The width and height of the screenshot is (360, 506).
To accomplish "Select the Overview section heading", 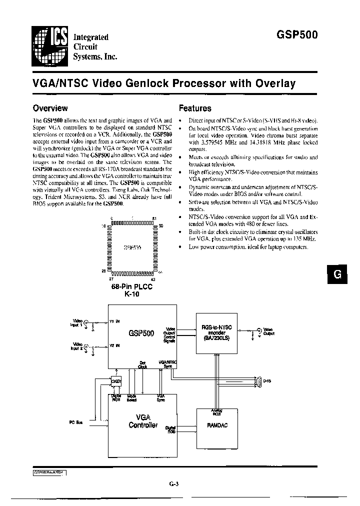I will pyautogui.click(x=50, y=108).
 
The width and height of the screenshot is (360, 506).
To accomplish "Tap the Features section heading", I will pyautogui.click(x=195, y=108).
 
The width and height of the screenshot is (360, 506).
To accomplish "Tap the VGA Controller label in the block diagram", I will pyautogui.click(x=143, y=421).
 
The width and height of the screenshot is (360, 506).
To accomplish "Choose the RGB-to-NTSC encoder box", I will pyautogui.click(x=216, y=331).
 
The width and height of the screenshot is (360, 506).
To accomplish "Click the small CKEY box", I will pyautogui.click(x=115, y=383).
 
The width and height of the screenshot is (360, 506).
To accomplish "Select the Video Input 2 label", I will pyautogui.click(x=77, y=345).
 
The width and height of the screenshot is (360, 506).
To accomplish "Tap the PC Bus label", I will pyautogui.click(x=75, y=423).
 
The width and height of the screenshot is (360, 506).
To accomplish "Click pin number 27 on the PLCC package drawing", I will pyautogui.click(x=111, y=279).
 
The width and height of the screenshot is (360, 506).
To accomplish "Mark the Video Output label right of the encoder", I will pyautogui.click(x=269, y=331).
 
